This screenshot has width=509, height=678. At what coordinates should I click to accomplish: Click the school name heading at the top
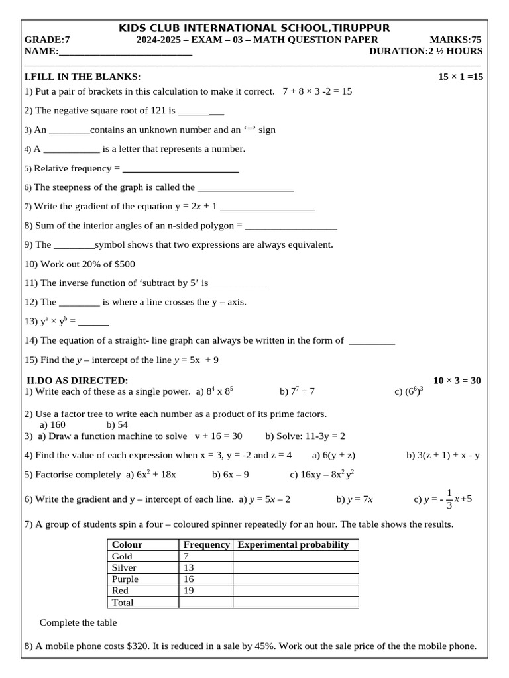pyautogui.click(x=254, y=28)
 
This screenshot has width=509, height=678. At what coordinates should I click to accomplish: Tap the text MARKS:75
pyautogui.click(x=455, y=40)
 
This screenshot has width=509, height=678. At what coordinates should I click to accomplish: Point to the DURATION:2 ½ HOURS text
pyautogui.click(x=425, y=52)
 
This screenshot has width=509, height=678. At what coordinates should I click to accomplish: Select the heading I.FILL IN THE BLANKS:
pyautogui.click(x=82, y=77)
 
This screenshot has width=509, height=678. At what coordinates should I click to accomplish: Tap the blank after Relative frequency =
pyautogui.click(x=180, y=168)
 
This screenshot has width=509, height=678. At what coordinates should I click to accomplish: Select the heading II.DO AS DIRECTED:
pyautogui.click(x=77, y=380)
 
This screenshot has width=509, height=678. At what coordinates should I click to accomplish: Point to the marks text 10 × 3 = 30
pyautogui.click(x=457, y=380)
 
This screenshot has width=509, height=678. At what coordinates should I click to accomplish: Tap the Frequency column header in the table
pyautogui.click(x=205, y=544)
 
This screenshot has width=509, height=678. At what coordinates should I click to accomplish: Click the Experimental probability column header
pyautogui.click(x=293, y=544)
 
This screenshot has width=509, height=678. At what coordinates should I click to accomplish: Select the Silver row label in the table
pyautogui.click(x=125, y=567)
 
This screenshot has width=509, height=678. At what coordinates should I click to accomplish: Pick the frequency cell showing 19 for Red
pyautogui.click(x=189, y=591)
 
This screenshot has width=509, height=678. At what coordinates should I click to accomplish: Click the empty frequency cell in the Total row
pyautogui.click(x=205, y=603)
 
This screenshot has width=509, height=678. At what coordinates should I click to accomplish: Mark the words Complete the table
pyautogui.click(x=78, y=622)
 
